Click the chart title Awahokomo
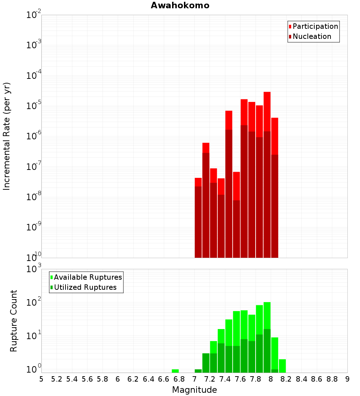pos(180,5)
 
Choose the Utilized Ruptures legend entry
pos(85,287)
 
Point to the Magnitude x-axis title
pos(194,390)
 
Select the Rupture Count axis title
pos(14,320)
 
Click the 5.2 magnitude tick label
pos(57,379)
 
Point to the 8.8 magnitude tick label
pos(332,379)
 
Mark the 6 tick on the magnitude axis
pos(118,379)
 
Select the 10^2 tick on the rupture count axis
pos(34,302)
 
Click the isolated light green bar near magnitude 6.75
pos(175,371)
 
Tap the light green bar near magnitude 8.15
pos(282,366)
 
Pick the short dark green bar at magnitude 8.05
pos(275,371)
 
